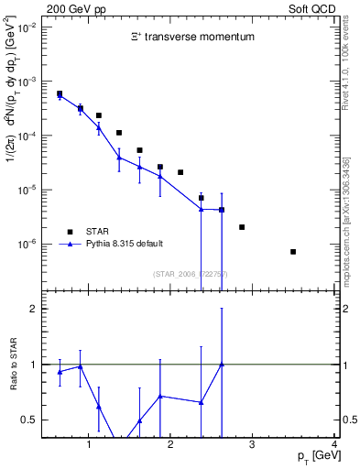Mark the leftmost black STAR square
pos(60,93)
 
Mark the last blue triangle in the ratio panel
pos(222,365)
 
